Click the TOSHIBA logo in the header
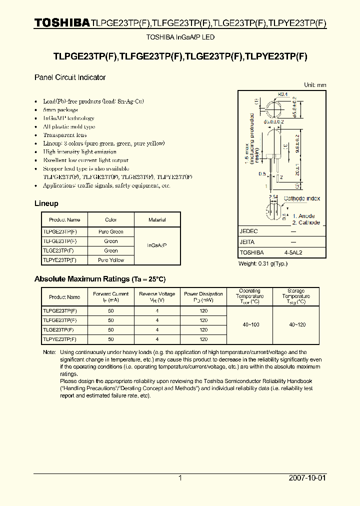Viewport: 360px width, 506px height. [62, 22]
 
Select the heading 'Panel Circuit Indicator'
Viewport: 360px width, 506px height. [69, 77]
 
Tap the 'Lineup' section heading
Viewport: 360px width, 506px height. [46, 203]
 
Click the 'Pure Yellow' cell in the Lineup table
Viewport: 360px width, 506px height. [111, 260]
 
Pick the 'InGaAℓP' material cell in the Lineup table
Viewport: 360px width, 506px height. [157, 245]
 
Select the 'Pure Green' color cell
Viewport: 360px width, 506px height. [111, 231]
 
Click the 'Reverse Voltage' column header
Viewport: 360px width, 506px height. [157, 297]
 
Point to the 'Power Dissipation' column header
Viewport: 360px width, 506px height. [203, 297]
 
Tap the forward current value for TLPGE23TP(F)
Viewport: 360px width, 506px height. [111, 310]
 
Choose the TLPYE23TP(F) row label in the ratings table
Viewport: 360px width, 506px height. [60, 339]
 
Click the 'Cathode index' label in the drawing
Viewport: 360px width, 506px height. [302, 198]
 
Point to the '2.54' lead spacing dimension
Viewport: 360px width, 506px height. [273, 197]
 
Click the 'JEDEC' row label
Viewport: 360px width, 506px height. [248, 231]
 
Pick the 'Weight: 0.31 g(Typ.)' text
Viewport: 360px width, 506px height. [262, 263]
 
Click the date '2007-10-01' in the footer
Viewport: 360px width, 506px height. [307, 478]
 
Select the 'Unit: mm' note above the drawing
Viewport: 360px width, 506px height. [315, 85]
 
